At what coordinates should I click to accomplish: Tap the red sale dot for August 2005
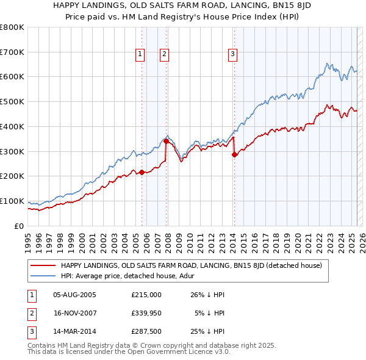pos(142,172)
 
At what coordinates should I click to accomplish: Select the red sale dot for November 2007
pos(166,141)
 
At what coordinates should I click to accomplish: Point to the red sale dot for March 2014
pos(234,154)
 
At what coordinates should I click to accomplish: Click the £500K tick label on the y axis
pos(12,101)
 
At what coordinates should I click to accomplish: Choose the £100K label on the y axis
pos(12,201)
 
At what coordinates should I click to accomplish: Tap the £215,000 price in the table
pos(146,295)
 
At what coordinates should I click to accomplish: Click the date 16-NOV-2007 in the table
pos(74,314)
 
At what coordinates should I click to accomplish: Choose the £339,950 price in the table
pos(146,314)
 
